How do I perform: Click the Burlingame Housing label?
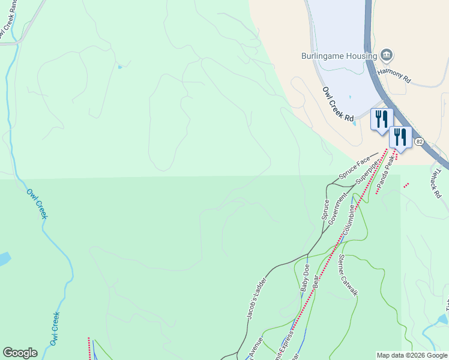click(x=339, y=56)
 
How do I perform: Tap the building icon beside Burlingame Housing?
click(x=387, y=56)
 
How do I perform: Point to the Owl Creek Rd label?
click(x=338, y=104)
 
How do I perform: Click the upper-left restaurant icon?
click(x=381, y=119)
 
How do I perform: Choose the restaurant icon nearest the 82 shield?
click(x=400, y=137)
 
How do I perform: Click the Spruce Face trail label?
click(x=355, y=169)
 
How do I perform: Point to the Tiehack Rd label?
click(x=436, y=183)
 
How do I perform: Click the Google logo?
click(x=20, y=353)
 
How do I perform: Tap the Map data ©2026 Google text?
click(x=412, y=355)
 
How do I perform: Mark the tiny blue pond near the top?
click(x=120, y=67)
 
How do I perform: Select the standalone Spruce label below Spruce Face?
click(x=325, y=209)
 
